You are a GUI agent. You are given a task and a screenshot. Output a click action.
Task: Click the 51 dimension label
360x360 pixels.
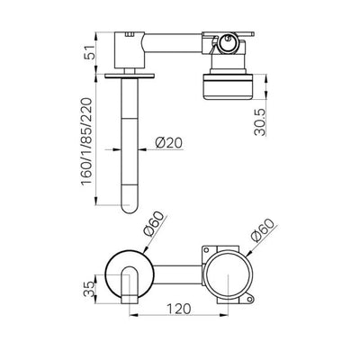coord(90,52)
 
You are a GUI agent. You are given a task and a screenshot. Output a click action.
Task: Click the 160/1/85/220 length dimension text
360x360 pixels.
coord(87,141)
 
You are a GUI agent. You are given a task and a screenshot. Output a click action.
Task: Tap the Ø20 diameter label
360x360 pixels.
coord(169,142)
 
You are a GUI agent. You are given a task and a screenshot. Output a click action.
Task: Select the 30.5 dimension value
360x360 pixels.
coord(260,122)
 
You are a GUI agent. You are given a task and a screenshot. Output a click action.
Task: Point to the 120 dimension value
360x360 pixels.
coord(178,309)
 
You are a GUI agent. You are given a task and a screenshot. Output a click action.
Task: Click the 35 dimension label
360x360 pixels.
coord(89,289)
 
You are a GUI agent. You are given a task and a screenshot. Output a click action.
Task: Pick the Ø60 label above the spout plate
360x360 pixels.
coord(154,223)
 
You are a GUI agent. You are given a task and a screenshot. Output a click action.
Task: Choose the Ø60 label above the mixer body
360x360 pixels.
coord(263,230)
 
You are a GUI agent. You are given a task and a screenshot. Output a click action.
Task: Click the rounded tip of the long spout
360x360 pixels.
coord(130,206)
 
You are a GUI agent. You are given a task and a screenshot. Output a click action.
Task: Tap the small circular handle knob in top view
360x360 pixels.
coord(228,43)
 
